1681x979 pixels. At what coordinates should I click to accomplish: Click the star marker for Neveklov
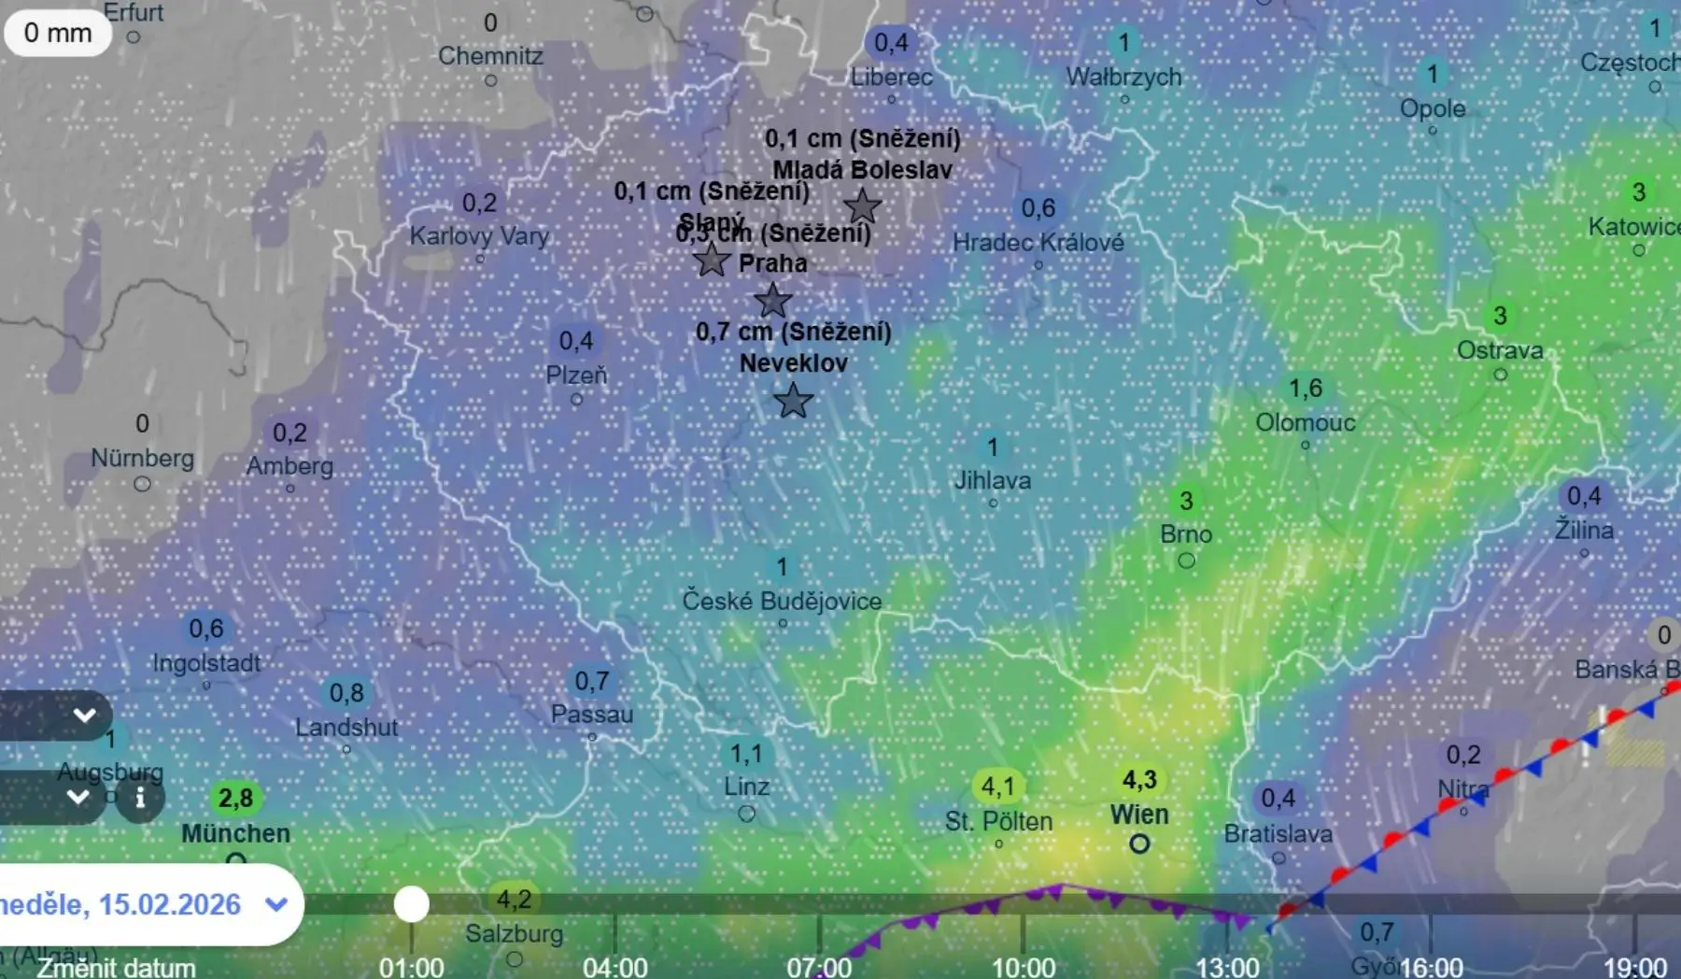(x=793, y=401)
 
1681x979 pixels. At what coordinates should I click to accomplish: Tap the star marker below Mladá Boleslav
(x=862, y=206)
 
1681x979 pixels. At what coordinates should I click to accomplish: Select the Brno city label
(x=1186, y=534)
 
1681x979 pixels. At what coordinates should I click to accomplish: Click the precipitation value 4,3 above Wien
(x=1139, y=780)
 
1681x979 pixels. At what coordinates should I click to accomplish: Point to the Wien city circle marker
(x=1139, y=844)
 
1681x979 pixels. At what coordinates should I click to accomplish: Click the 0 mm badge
(x=58, y=34)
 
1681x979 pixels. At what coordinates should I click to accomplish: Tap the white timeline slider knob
(x=411, y=903)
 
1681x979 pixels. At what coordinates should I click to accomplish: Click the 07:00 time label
(x=819, y=967)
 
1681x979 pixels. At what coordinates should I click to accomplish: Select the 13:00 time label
(x=1228, y=967)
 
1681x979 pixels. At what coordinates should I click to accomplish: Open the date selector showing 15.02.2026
(x=140, y=904)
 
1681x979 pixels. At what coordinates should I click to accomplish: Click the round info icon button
(x=140, y=798)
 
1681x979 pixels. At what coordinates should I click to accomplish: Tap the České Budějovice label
(x=782, y=601)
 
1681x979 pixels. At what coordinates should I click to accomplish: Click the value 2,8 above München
(x=235, y=799)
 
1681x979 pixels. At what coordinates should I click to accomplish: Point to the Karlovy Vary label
(x=479, y=235)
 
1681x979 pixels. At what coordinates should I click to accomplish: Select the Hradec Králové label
(x=1038, y=243)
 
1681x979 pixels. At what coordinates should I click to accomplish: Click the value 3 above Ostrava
(x=1500, y=316)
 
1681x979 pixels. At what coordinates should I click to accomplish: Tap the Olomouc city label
(x=1305, y=422)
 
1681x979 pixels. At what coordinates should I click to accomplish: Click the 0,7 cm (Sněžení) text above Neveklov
(x=794, y=332)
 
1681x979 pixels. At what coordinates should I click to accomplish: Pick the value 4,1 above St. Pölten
(x=997, y=787)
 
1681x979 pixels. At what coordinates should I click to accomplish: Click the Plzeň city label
(x=576, y=376)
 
